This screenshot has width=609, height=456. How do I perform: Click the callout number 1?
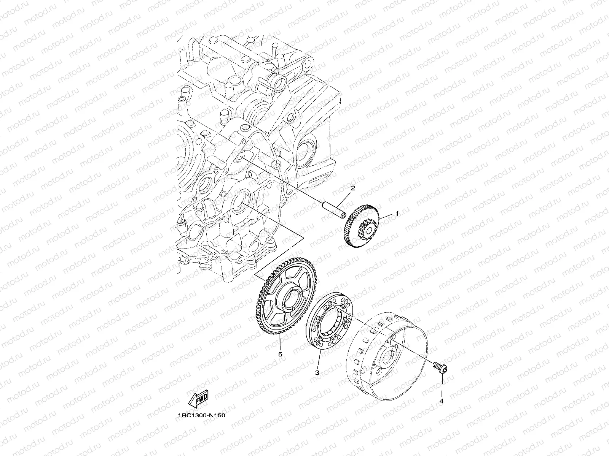(397, 214)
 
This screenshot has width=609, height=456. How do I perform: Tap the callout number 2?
(353, 188)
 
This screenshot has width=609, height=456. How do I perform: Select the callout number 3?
(317, 373)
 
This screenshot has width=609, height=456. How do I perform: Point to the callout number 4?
(442, 401)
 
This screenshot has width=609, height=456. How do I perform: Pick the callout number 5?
(280, 354)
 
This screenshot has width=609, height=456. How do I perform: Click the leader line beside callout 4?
(442, 386)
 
